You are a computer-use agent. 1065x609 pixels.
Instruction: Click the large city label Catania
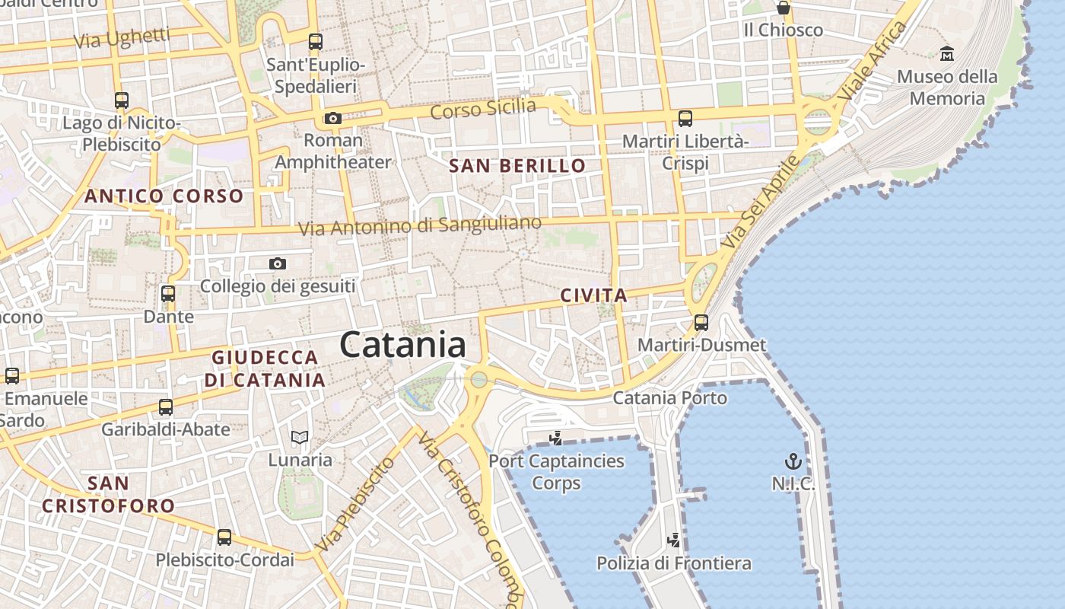pyautogui.click(x=402, y=345)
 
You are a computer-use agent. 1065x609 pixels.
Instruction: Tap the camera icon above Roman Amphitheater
pyautogui.click(x=332, y=118)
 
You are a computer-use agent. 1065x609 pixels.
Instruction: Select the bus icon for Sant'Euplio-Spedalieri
pyautogui.click(x=315, y=42)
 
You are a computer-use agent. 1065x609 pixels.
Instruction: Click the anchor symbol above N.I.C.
pyautogui.click(x=793, y=461)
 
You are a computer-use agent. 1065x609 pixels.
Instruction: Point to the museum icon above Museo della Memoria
pyautogui.click(x=947, y=53)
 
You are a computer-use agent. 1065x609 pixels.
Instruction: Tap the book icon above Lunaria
pyautogui.click(x=300, y=437)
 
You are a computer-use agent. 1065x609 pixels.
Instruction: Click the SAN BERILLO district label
pyautogui.click(x=517, y=166)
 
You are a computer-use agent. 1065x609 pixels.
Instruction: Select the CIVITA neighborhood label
pyautogui.click(x=593, y=295)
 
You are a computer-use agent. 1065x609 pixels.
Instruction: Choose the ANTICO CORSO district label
pyautogui.click(x=164, y=196)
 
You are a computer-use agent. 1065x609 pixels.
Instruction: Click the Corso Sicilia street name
pyautogui.click(x=482, y=109)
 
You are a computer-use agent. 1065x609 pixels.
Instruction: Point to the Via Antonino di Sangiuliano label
pyautogui.click(x=419, y=225)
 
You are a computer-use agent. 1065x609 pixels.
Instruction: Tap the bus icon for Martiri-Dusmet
pyautogui.click(x=701, y=323)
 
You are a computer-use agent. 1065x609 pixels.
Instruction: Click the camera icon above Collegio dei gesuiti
pyautogui.click(x=278, y=263)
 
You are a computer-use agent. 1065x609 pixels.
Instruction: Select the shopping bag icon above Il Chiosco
pyautogui.click(x=783, y=8)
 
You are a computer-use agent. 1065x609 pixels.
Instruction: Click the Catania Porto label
pyautogui.click(x=669, y=397)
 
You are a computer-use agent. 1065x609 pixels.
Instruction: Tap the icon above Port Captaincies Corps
pyautogui.click(x=556, y=438)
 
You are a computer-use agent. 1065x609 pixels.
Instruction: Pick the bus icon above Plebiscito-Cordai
pyautogui.click(x=224, y=537)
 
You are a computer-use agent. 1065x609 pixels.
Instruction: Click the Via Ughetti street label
pyautogui.click(x=122, y=37)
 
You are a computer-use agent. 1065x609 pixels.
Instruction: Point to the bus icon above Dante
pyautogui.click(x=168, y=293)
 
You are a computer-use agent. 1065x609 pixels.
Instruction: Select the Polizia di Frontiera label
pyautogui.click(x=673, y=563)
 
